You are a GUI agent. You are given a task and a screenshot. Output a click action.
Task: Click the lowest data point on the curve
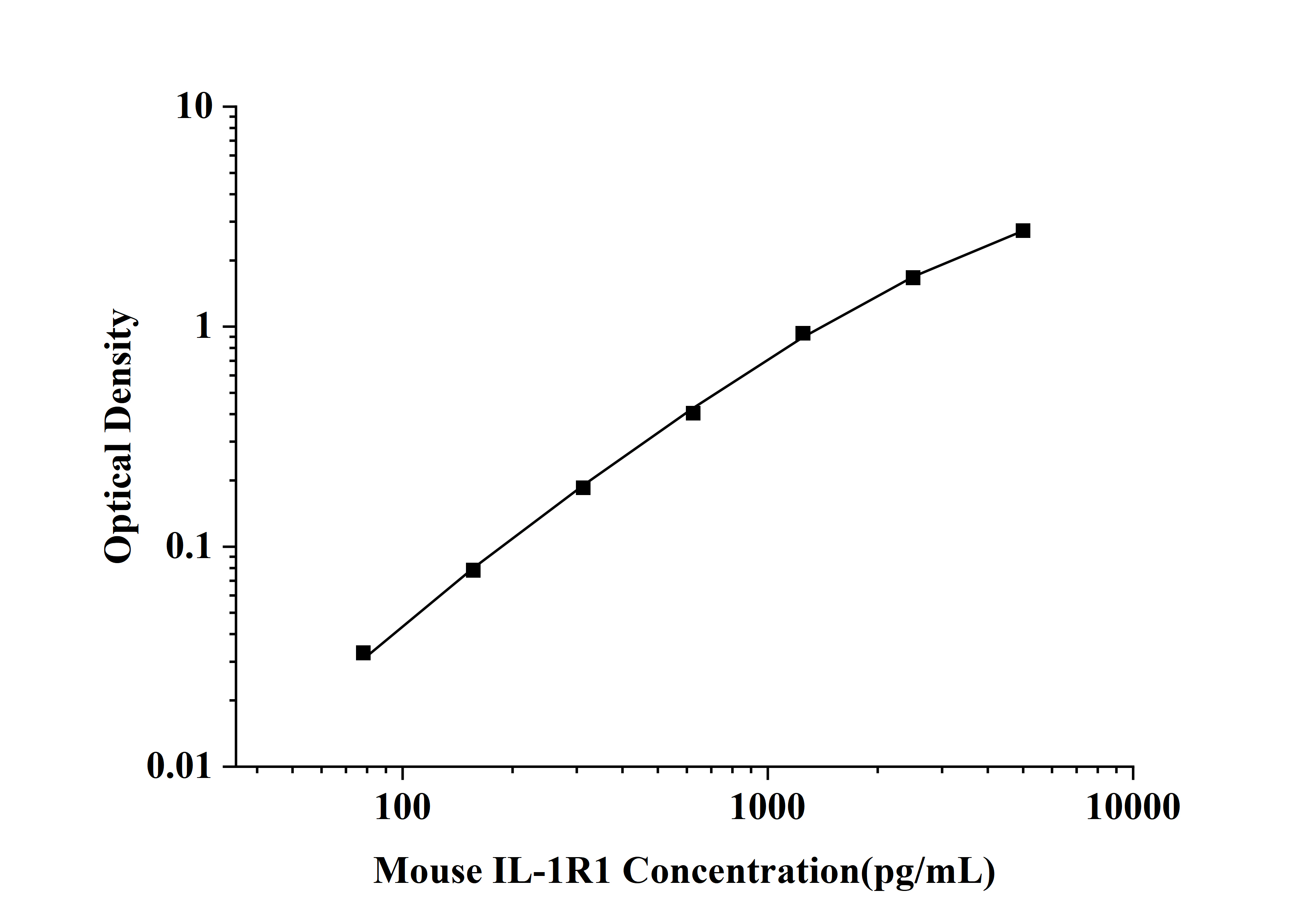[x=363, y=653]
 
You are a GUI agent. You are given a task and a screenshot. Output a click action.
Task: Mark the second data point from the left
[x=473, y=570]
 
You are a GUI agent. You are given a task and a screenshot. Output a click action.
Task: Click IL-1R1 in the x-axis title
[x=551, y=871]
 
